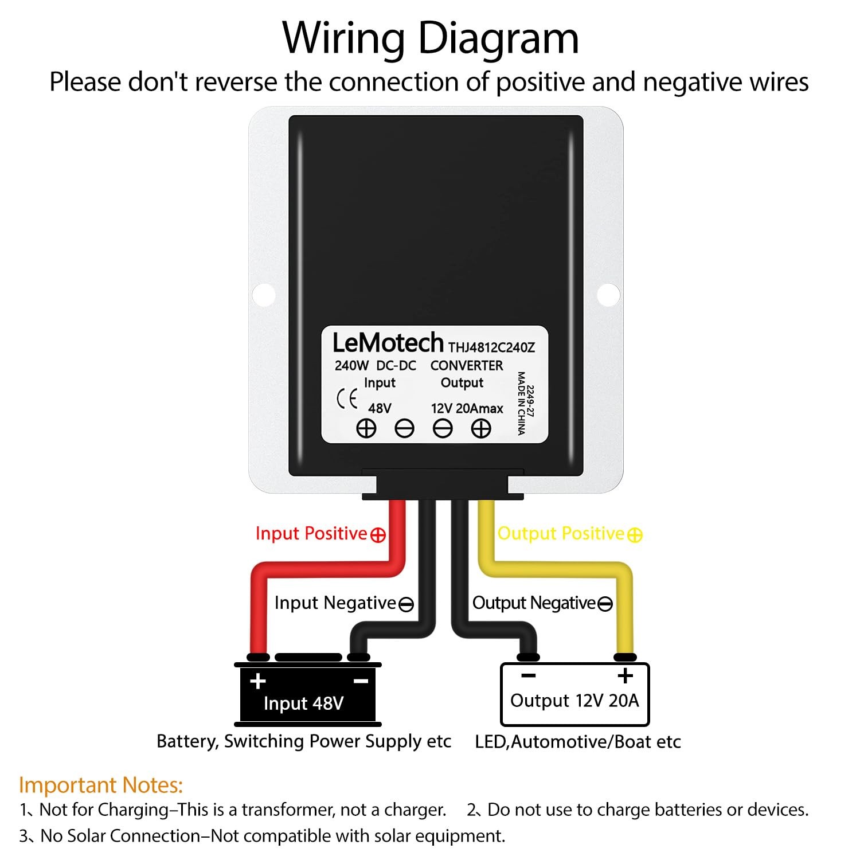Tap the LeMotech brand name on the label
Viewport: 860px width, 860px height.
click(388, 343)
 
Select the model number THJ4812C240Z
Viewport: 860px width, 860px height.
click(491, 347)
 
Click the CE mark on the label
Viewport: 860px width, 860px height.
click(347, 399)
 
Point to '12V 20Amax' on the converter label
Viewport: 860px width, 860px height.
click(467, 408)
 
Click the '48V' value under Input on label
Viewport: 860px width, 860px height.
click(380, 408)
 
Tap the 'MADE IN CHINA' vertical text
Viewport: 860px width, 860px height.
click(521, 403)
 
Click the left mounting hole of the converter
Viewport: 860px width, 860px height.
click(264, 294)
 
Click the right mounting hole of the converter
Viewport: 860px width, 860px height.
click(608, 294)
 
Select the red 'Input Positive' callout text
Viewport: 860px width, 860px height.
click(311, 534)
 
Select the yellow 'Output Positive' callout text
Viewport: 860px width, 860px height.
click(561, 534)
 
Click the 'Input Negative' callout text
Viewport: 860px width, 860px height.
click(335, 603)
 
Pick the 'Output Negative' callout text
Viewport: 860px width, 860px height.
click(534, 603)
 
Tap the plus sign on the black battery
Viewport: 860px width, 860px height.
click(258, 681)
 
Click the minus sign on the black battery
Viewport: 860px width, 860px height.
click(361, 681)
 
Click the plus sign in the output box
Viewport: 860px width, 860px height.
click(626, 676)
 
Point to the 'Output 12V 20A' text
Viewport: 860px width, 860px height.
click(574, 701)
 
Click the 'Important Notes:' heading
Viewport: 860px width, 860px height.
click(101, 785)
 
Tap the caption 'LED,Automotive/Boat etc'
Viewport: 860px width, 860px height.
click(578, 742)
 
